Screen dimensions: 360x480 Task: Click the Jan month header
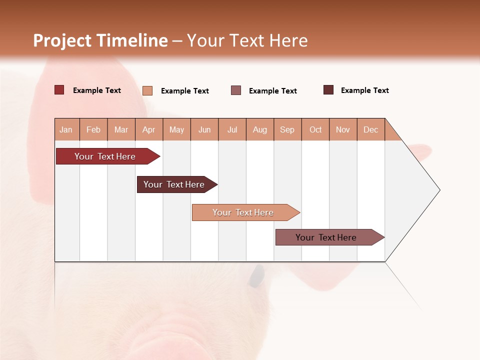[x=66, y=129]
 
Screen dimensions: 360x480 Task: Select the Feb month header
[x=93, y=129]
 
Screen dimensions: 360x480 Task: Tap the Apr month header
[x=149, y=129]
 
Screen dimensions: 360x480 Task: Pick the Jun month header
[x=204, y=129]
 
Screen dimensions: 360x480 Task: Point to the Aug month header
[x=260, y=129]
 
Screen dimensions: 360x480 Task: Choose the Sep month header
[x=287, y=129]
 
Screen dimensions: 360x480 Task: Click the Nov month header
[x=343, y=129]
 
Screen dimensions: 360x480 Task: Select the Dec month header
[x=371, y=129]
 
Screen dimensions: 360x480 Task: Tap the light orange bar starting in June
[x=243, y=212]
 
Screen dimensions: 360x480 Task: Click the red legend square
[x=59, y=90]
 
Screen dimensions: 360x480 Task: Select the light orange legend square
[x=147, y=90]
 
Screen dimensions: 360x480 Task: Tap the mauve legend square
[x=236, y=90]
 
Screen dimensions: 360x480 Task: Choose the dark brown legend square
[x=328, y=90]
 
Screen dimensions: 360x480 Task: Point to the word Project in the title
[x=62, y=40]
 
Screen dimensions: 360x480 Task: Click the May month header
[x=176, y=129]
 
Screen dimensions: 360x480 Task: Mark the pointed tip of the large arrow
[x=439, y=189]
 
